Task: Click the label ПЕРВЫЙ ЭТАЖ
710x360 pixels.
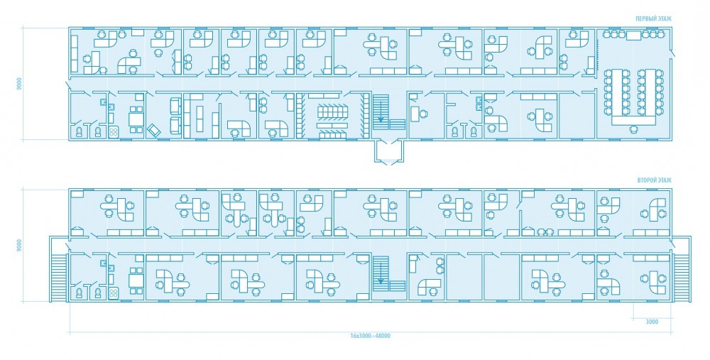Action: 653,19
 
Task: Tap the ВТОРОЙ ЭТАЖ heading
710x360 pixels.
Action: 654,180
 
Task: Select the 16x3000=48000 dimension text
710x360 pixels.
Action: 370,336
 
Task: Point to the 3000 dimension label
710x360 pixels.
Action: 652,322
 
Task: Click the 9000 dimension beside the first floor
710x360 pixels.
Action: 19,84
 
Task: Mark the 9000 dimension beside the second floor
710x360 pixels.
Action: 19,246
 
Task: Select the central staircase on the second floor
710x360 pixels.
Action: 389,275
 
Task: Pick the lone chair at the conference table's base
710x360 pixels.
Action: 633,129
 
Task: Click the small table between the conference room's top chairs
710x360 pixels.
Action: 633,34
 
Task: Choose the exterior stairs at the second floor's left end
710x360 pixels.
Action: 60,277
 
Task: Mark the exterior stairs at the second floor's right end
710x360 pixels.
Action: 680,277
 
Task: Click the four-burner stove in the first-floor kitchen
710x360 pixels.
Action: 113,132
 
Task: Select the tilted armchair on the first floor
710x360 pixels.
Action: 154,130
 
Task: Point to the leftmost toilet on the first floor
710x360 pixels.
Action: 80,132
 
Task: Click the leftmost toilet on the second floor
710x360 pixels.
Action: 80,293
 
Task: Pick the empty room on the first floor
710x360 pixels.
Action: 577,116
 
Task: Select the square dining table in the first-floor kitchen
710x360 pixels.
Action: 136,119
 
